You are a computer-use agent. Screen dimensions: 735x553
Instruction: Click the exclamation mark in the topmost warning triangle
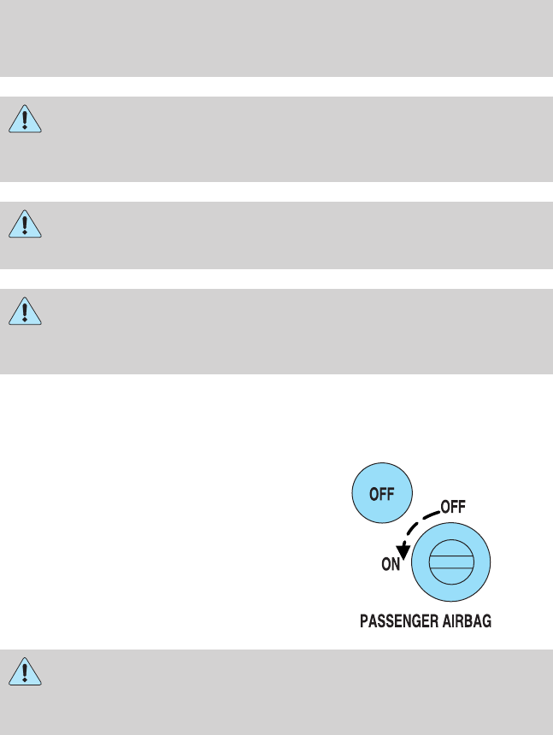26,119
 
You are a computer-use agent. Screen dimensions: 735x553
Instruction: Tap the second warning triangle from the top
26,225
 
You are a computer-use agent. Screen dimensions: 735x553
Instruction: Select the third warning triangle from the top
26,312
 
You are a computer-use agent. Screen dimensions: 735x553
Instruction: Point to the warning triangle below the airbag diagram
26,672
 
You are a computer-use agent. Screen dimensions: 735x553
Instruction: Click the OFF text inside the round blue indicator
382,494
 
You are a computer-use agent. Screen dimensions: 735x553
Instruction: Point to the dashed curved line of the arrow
419,521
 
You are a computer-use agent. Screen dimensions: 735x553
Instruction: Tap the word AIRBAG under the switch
467,623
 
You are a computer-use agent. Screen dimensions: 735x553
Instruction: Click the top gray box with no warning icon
276,38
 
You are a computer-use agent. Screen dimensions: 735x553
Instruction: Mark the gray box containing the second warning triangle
276,235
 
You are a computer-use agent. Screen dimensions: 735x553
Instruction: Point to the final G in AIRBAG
489,623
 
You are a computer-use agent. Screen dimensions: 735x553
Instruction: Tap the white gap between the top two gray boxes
276,86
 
